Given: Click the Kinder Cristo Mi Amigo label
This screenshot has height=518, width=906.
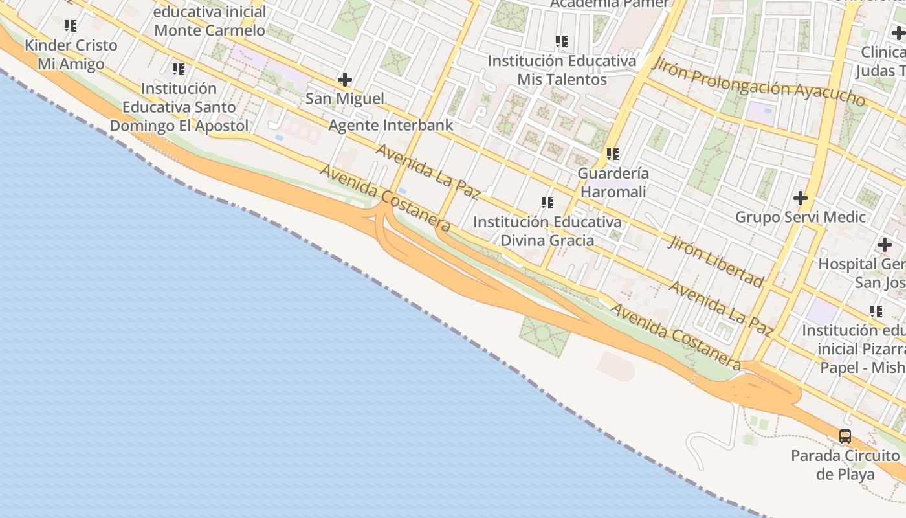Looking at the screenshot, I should [x=71, y=54].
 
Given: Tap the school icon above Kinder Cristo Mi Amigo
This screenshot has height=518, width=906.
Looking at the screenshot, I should [x=71, y=27].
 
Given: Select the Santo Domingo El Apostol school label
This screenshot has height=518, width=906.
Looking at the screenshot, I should [x=179, y=107].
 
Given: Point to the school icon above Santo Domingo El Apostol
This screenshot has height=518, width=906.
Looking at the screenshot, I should [x=179, y=69].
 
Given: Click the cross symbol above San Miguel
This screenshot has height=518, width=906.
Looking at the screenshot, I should [x=345, y=80].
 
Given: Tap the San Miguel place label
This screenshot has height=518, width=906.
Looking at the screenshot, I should [x=345, y=98].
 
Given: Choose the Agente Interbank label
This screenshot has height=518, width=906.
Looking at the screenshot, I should [x=391, y=125].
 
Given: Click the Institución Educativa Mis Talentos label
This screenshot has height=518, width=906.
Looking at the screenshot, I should [x=562, y=70].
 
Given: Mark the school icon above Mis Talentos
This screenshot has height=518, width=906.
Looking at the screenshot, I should [x=562, y=42].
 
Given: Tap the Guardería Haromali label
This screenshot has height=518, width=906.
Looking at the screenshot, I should [x=613, y=183].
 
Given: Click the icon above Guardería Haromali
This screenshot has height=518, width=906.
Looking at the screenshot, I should [x=613, y=154].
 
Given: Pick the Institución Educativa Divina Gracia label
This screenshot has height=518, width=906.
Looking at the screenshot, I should [x=547, y=231].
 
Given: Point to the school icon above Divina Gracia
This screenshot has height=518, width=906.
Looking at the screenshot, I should [x=547, y=203].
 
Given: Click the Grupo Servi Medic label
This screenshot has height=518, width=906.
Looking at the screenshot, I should [x=801, y=217].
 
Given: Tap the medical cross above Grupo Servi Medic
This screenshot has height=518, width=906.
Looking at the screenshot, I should [x=801, y=197].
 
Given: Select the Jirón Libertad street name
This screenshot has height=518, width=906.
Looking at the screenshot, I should [x=716, y=260].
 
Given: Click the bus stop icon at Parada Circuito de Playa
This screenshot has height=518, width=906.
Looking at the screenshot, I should [x=845, y=436].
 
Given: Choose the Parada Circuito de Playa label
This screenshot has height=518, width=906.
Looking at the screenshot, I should [x=845, y=464].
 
